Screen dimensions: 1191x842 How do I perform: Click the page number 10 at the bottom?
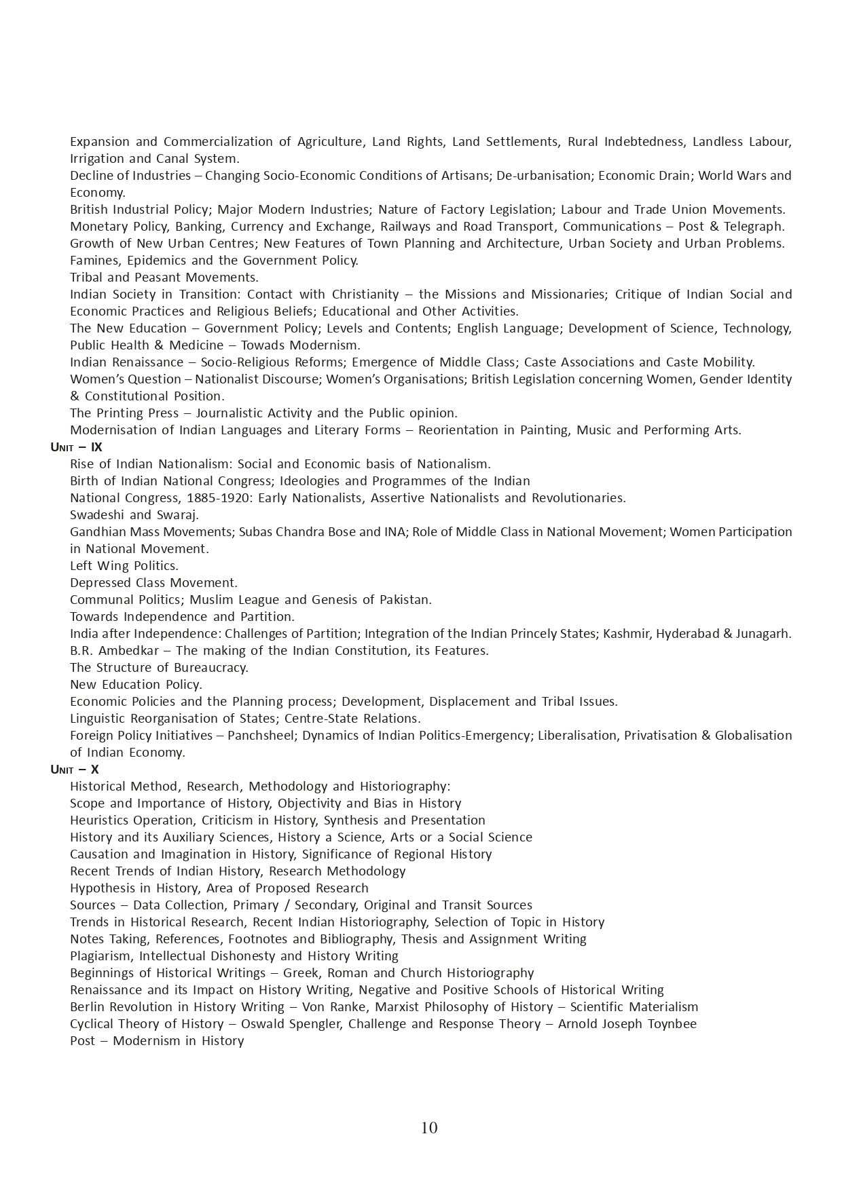429,1127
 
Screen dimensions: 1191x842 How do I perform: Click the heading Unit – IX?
76,447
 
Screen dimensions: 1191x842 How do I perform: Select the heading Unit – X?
75,770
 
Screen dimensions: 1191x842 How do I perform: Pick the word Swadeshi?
98,515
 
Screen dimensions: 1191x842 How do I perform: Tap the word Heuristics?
99,820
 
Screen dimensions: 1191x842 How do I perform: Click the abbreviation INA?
393,532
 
